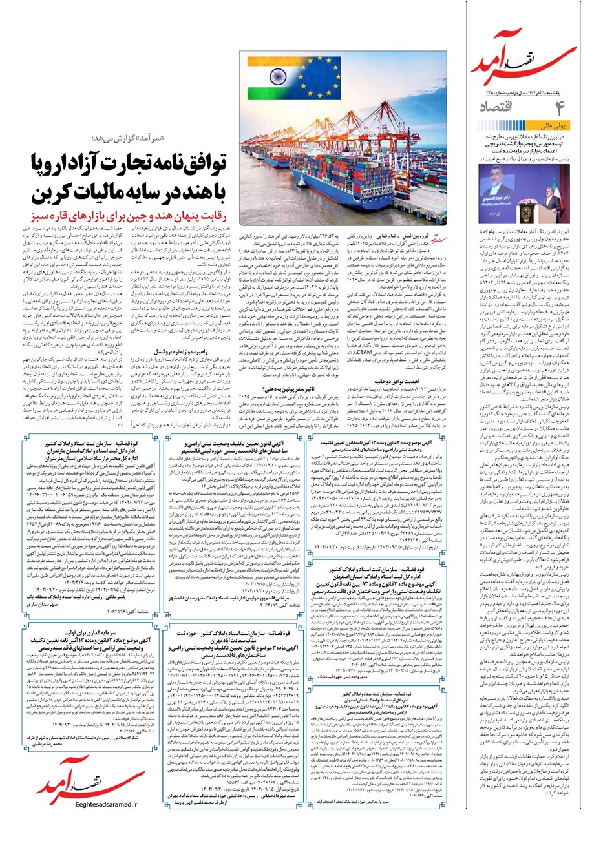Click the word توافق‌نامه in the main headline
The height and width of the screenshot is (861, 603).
pos(175,167)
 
